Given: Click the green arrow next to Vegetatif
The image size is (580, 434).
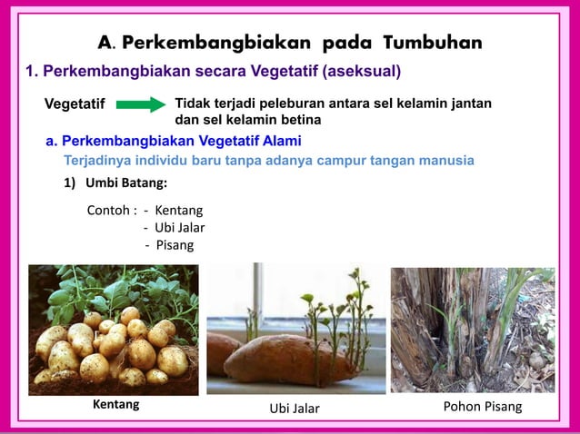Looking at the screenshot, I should click(x=141, y=105).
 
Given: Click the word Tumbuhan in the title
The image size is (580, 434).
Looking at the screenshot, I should click(x=432, y=43).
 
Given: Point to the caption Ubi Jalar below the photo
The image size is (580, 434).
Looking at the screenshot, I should click(x=295, y=409).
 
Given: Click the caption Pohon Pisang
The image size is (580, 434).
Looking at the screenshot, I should click(x=482, y=406).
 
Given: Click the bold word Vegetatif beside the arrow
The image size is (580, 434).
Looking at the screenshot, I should click(x=75, y=105).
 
